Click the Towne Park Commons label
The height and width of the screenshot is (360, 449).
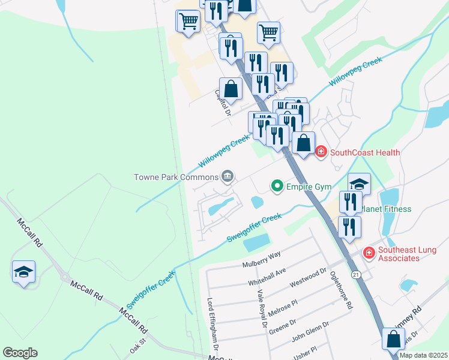pos(175,176)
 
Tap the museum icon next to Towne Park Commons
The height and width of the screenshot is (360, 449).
pos(228,176)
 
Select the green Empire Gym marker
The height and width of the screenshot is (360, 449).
pos(277,187)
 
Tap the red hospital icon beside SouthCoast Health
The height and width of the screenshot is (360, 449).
pos(321,152)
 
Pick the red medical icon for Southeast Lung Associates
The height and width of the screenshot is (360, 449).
pos(369,254)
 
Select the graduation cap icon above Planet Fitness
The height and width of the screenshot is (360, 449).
pos(359,184)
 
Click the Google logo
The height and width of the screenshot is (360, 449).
pos(20,353)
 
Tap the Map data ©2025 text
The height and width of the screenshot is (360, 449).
pos(423,355)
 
